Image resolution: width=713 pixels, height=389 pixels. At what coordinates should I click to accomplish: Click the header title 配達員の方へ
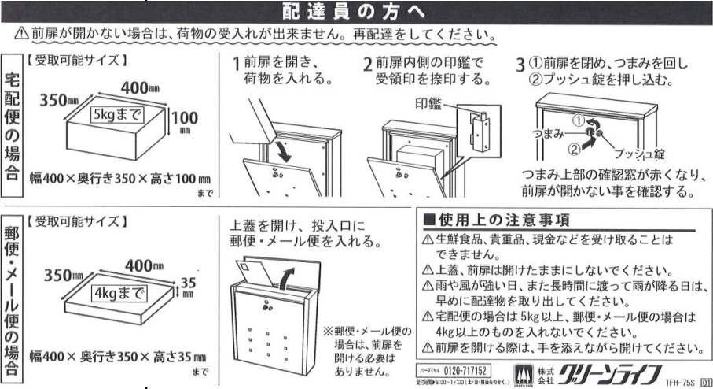[353, 11]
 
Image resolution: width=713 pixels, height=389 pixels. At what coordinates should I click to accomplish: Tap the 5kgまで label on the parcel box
[117, 114]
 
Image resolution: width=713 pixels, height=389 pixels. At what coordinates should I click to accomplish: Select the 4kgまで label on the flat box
[119, 293]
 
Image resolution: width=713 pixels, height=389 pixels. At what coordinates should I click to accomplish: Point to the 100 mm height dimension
[185, 121]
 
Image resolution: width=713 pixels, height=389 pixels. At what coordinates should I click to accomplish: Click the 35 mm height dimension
[188, 287]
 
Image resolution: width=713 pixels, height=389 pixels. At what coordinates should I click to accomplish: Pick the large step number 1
[236, 65]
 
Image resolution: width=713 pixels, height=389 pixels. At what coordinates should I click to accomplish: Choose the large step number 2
[367, 65]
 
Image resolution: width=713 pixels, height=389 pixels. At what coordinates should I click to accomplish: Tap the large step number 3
[520, 65]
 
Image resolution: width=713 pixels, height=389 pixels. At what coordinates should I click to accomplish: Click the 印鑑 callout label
[428, 103]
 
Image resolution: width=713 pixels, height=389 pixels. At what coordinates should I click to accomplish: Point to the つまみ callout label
[548, 133]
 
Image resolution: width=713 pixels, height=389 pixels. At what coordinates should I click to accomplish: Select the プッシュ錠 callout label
[639, 154]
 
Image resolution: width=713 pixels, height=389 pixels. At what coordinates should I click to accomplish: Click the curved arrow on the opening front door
[282, 151]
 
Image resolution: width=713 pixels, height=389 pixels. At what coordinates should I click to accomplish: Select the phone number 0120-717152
[465, 371]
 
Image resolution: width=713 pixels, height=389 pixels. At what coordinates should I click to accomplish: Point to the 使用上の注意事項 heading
[504, 220]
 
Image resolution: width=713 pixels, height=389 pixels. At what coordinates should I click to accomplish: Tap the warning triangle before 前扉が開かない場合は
[21, 33]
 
